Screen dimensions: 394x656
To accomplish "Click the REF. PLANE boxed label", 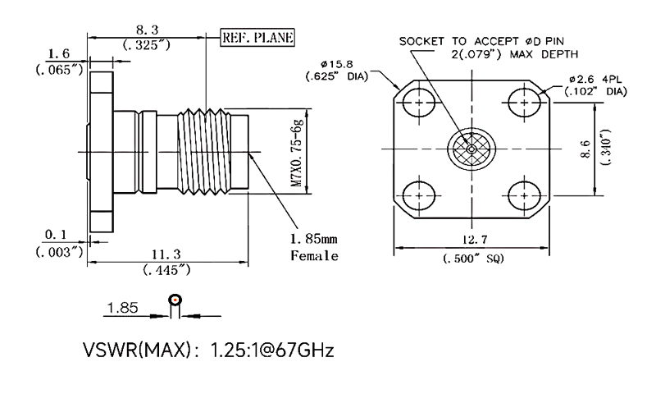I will (257, 37).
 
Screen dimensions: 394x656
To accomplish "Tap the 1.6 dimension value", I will (58, 54).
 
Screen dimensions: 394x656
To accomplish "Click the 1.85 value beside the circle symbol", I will (121, 310).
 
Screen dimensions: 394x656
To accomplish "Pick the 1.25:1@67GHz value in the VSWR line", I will (272, 350).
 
